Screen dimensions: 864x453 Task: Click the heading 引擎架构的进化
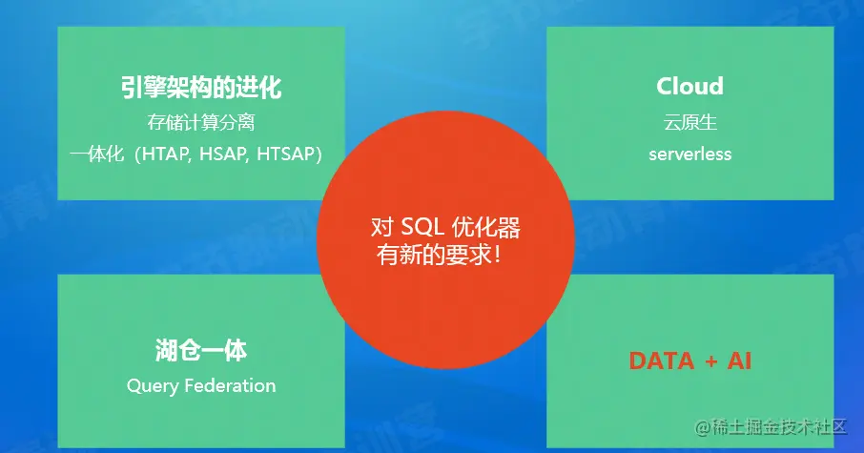click(x=201, y=87)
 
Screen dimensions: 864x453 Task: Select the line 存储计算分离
click(x=201, y=122)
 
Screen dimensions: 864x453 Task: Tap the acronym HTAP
click(x=164, y=154)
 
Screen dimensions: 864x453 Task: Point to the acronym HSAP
click(x=221, y=154)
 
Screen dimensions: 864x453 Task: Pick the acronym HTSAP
click(x=284, y=154)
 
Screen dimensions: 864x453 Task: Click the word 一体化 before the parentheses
click(x=97, y=154)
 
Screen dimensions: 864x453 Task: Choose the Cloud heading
click(x=689, y=86)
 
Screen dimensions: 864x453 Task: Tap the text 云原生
click(x=689, y=122)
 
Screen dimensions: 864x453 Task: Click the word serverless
click(x=689, y=154)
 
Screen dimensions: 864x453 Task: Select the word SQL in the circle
click(x=422, y=227)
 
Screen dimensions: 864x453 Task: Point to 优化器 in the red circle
click(x=486, y=227)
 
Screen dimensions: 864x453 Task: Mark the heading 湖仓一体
click(x=201, y=350)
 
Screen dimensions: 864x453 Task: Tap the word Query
click(x=153, y=386)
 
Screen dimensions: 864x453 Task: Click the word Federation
click(x=230, y=385)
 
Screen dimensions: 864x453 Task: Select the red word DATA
click(x=661, y=360)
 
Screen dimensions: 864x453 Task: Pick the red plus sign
click(x=710, y=361)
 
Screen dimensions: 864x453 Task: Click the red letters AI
click(x=739, y=360)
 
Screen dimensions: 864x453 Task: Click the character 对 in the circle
click(x=381, y=227)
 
